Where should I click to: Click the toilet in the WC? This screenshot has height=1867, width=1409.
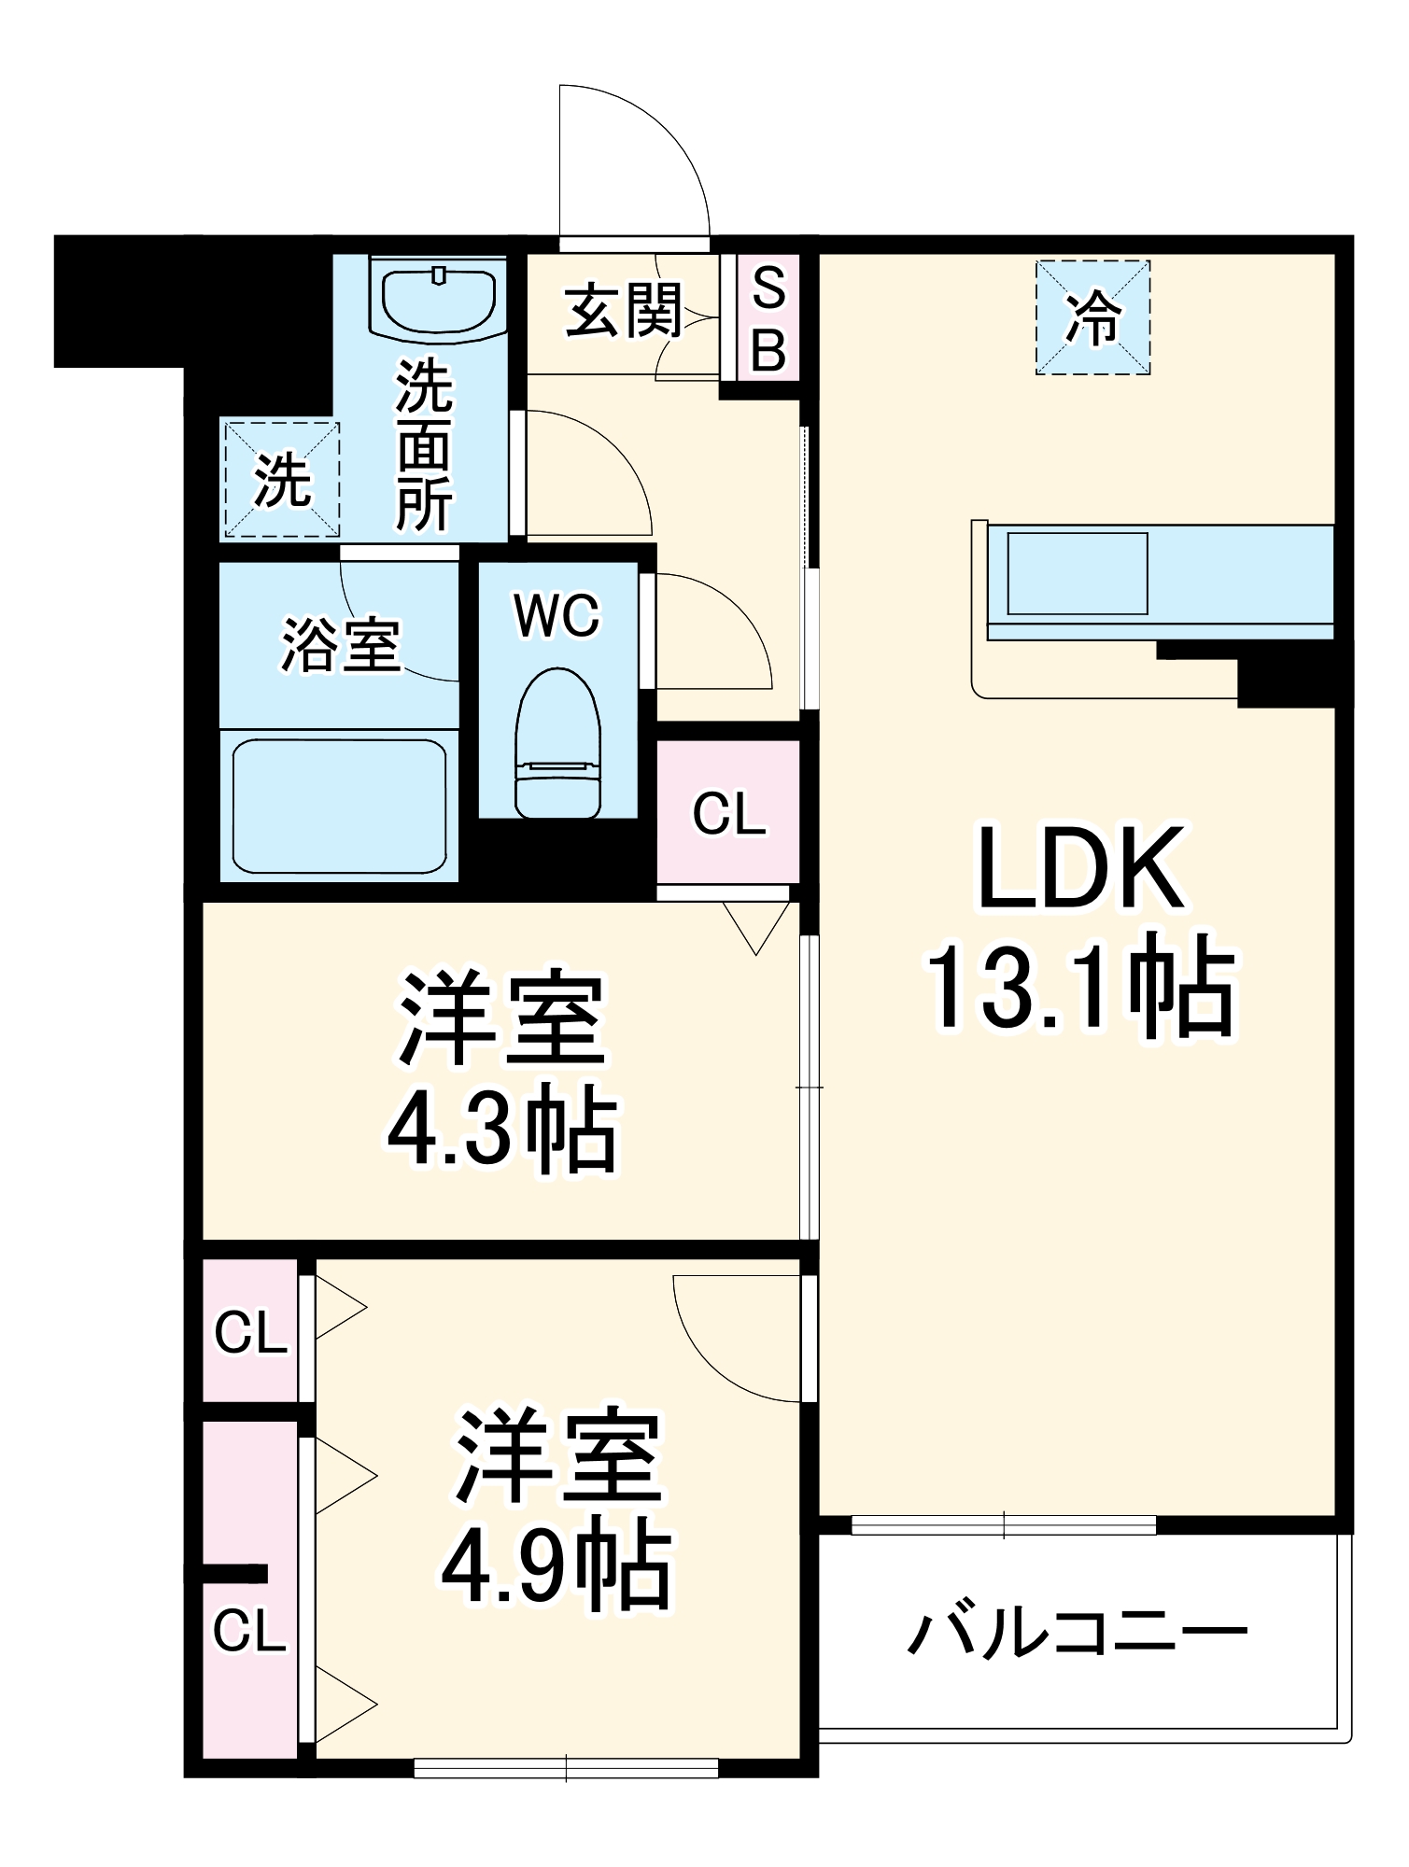(x=557, y=744)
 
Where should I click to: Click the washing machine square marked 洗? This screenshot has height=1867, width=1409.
(x=280, y=480)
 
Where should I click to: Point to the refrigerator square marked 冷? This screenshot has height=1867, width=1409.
(x=1092, y=317)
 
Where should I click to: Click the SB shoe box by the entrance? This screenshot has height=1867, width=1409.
(x=768, y=317)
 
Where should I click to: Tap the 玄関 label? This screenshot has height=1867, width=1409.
(x=624, y=310)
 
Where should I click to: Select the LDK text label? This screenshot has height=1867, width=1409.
(x=1081, y=868)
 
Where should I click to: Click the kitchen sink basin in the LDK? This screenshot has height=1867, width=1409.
(x=1077, y=573)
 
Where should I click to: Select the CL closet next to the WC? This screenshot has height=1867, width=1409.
(x=728, y=813)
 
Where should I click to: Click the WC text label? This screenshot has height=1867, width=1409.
(x=557, y=616)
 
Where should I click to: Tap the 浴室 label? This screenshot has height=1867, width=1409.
(x=341, y=645)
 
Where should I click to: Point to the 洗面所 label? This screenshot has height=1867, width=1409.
(x=424, y=445)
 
